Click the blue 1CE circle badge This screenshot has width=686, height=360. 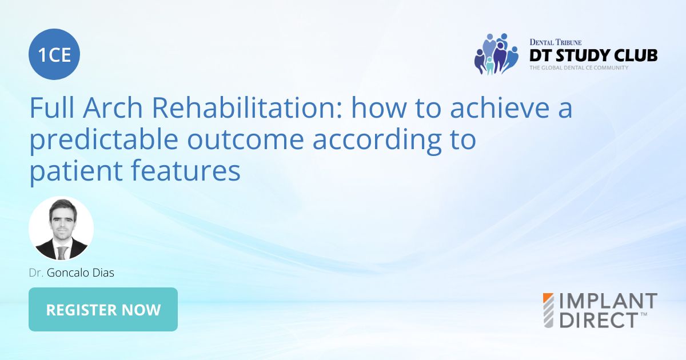(x=54, y=54)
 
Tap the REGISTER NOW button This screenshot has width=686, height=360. (x=103, y=310)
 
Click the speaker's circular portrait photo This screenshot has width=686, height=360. (x=61, y=229)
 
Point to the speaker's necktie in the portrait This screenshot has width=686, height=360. (x=62, y=252)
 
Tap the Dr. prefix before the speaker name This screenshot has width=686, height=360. (x=37, y=273)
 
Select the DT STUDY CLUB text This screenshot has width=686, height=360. (x=593, y=55)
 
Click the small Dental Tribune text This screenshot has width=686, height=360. (x=556, y=42)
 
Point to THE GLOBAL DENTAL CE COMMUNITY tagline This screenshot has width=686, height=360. (x=579, y=67)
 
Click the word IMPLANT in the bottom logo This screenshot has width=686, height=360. (x=608, y=301)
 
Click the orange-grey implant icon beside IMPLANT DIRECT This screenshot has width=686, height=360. (x=548, y=310)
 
